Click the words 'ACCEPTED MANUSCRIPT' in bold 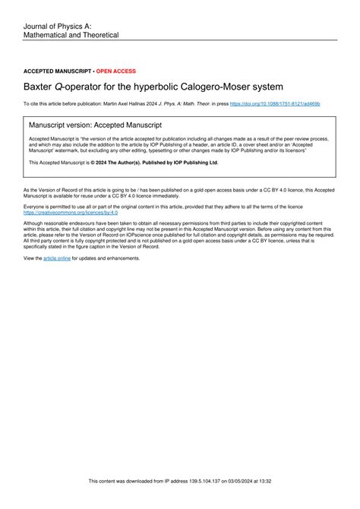(x=58, y=71)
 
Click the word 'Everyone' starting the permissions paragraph (x=36, y=206)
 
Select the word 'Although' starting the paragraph (x=36, y=223)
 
